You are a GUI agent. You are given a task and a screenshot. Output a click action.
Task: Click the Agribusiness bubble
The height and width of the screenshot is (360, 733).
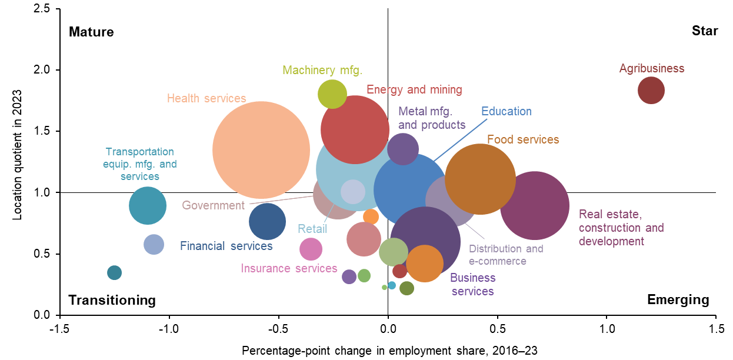click(651, 91)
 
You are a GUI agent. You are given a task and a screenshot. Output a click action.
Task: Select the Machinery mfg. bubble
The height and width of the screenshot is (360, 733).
click(332, 94)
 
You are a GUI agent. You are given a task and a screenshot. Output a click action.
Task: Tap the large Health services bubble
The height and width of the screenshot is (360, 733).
click(261, 150)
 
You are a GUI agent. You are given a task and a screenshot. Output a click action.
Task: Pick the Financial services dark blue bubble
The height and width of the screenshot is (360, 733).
click(267, 221)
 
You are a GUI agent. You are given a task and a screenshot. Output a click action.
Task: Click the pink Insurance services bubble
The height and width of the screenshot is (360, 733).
click(311, 249)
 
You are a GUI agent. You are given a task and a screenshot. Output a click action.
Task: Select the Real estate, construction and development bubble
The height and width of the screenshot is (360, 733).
click(534, 206)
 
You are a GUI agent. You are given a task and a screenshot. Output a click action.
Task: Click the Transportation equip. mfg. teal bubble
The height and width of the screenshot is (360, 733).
click(148, 205)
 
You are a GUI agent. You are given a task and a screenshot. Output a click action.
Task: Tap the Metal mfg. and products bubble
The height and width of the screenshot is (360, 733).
click(403, 148)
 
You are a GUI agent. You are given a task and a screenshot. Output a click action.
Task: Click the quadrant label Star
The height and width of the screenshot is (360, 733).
click(705, 31)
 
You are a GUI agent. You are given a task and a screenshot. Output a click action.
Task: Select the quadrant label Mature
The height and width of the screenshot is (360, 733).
click(91, 32)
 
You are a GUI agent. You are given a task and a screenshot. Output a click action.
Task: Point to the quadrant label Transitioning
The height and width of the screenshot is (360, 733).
click(112, 300)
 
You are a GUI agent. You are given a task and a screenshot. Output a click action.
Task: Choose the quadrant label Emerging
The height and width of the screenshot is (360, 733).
click(678, 299)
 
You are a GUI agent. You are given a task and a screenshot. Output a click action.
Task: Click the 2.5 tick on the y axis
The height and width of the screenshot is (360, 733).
click(44, 9)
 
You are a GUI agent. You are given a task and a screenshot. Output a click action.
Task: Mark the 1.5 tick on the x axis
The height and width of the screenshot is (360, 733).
click(716, 326)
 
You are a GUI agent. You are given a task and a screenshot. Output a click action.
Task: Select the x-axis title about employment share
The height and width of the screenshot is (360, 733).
click(389, 351)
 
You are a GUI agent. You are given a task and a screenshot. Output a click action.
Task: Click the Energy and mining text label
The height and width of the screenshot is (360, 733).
click(414, 90)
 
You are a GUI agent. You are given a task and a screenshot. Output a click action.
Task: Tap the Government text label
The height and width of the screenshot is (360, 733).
click(213, 205)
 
